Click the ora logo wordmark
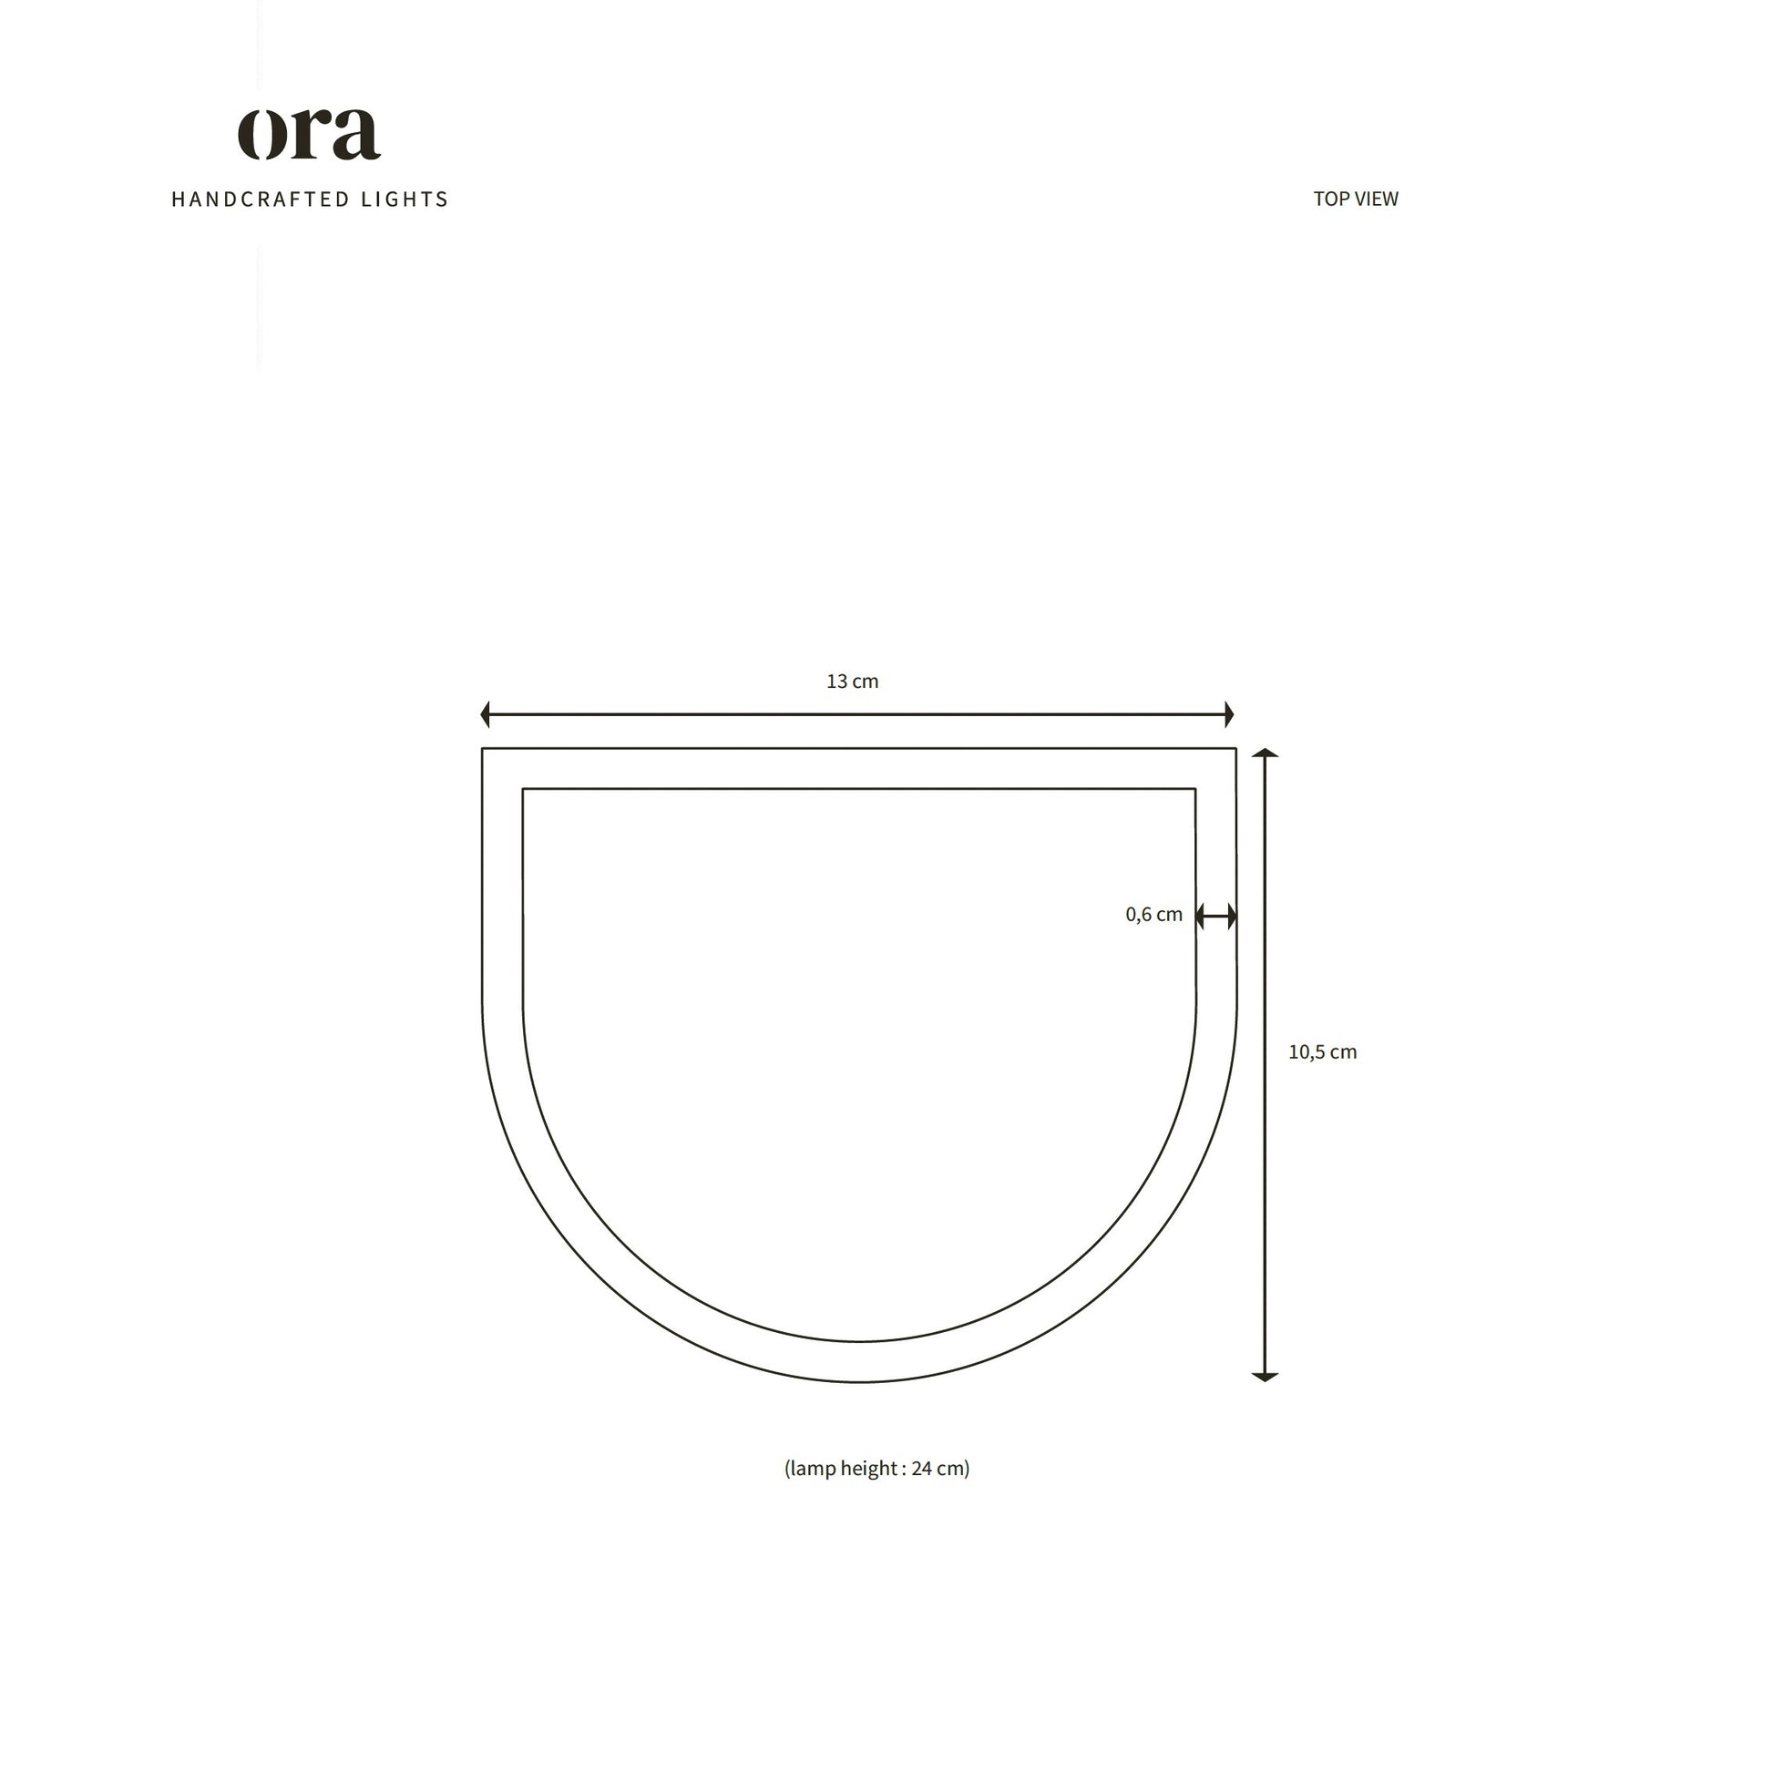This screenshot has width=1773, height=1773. [x=309, y=134]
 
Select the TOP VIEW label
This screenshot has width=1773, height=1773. [x=1355, y=200]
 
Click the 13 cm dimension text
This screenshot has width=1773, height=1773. [x=852, y=682]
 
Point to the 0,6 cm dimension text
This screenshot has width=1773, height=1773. [x=1153, y=915]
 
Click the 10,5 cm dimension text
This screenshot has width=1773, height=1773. [x=1321, y=1052]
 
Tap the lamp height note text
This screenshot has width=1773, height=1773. [x=876, y=1469]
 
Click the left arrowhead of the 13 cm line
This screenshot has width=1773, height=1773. [x=486, y=714]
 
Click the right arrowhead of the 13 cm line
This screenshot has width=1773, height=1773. [x=1229, y=714]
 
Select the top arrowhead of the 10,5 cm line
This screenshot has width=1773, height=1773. [x=1265, y=753]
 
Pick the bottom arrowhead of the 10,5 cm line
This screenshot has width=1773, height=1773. [x=1265, y=1376]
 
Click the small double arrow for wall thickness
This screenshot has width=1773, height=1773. [x=1216, y=916]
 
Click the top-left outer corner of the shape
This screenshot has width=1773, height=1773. [x=483, y=749]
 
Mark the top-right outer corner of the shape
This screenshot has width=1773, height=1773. [x=1235, y=749]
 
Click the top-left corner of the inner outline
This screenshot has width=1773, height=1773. [x=523, y=789]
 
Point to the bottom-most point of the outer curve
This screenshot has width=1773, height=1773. [x=860, y=1381]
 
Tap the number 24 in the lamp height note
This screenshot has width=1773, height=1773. [x=921, y=1469]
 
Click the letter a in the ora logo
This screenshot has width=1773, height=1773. [x=354, y=135]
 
